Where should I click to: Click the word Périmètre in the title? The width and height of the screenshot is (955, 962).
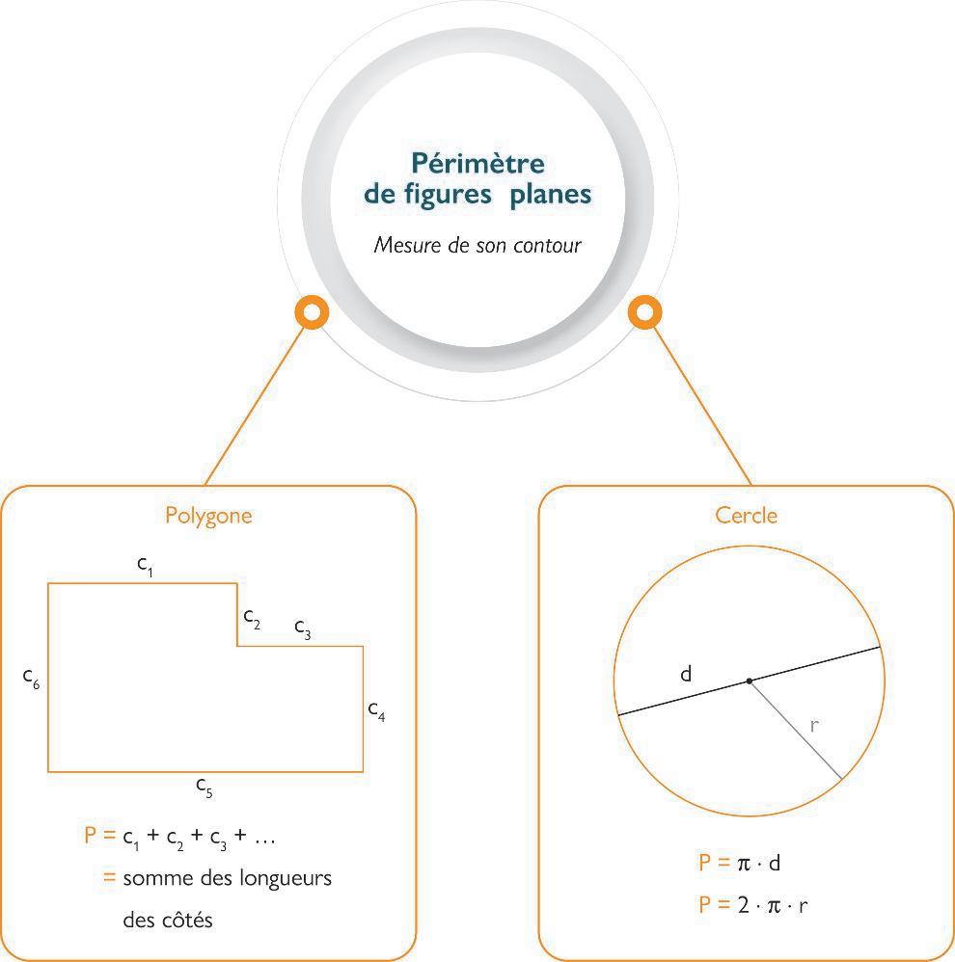click(477, 163)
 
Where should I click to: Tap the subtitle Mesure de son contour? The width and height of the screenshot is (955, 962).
click(477, 245)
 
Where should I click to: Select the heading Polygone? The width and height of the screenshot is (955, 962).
click(208, 515)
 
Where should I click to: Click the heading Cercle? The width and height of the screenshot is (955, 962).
click(746, 515)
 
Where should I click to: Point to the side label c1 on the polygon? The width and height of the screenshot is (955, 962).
click(145, 566)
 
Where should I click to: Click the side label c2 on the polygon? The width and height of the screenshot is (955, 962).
click(252, 618)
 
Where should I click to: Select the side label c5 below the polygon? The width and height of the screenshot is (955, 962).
click(205, 787)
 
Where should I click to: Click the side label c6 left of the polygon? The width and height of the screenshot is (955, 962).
click(32, 678)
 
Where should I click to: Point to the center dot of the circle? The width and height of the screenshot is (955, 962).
click(750, 681)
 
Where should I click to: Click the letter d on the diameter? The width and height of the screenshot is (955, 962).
click(686, 674)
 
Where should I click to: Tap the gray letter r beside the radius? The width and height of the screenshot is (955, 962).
click(814, 726)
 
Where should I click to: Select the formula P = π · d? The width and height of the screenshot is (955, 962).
click(746, 863)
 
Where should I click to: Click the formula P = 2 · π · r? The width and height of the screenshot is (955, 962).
click(753, 905)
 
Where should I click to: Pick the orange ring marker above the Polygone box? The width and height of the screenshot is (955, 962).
click(311, 312)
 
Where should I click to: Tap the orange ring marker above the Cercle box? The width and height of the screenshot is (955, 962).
click(644, 312)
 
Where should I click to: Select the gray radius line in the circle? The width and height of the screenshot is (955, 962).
click(796, 730)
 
